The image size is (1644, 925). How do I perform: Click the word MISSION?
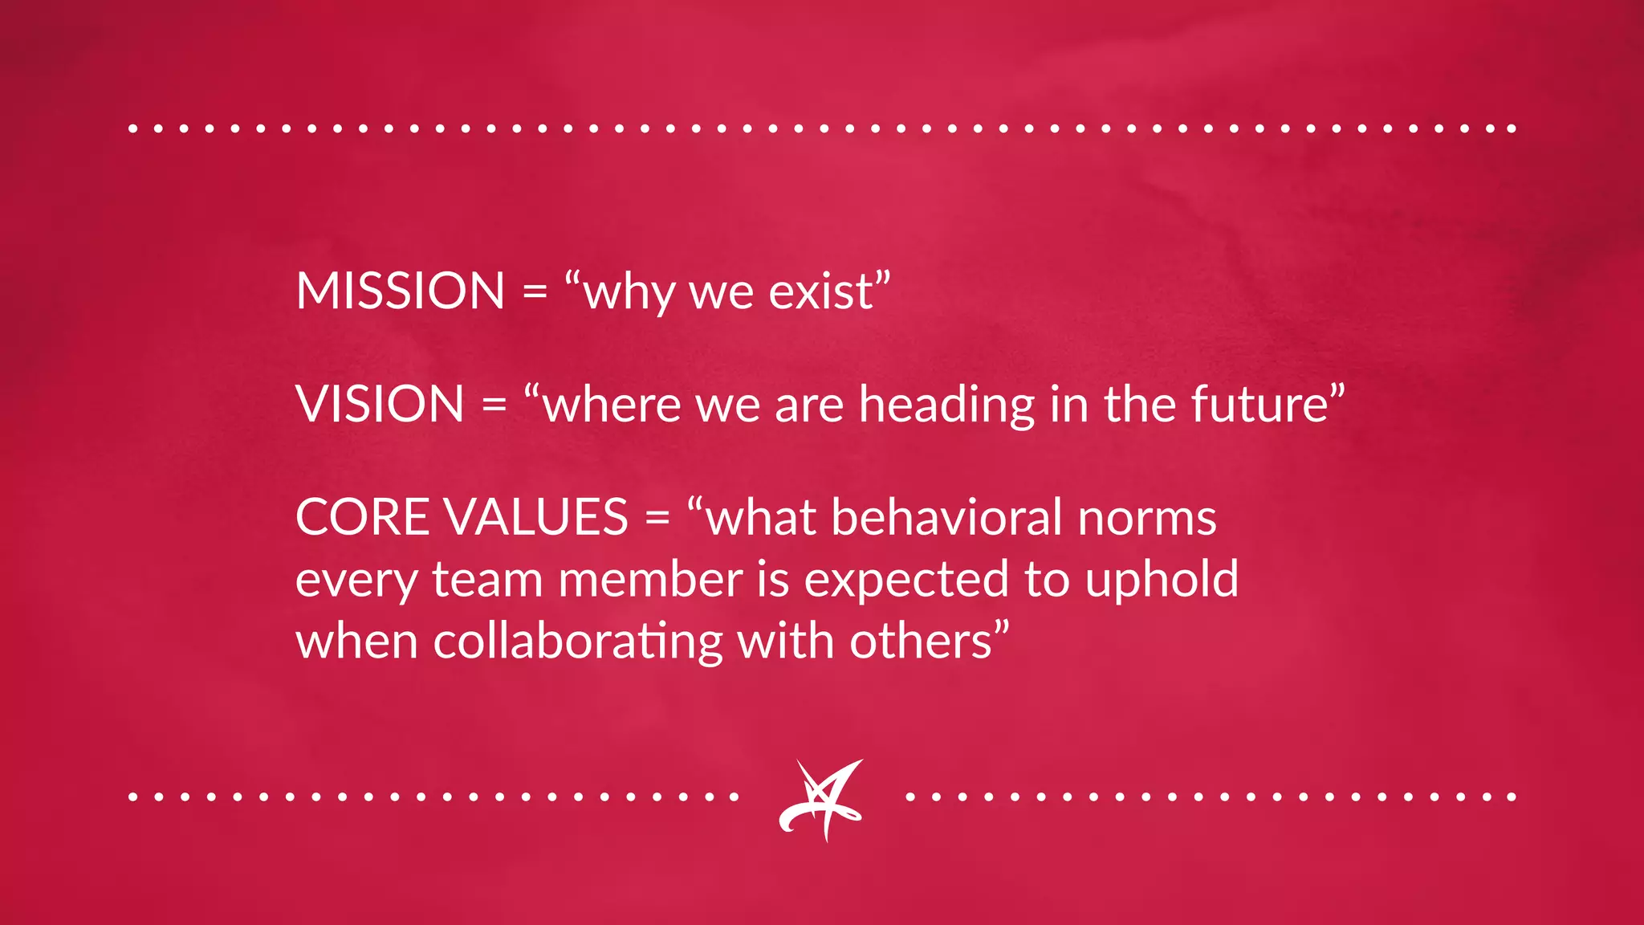point(400,291)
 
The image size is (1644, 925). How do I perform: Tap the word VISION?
point(380,404)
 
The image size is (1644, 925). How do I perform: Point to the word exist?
point(820,291)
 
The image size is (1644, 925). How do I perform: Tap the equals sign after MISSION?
point(535,291)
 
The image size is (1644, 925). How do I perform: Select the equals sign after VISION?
point(494,405)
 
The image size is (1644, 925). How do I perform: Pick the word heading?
point(946,406)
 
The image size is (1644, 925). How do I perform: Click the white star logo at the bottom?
point(821,799)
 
